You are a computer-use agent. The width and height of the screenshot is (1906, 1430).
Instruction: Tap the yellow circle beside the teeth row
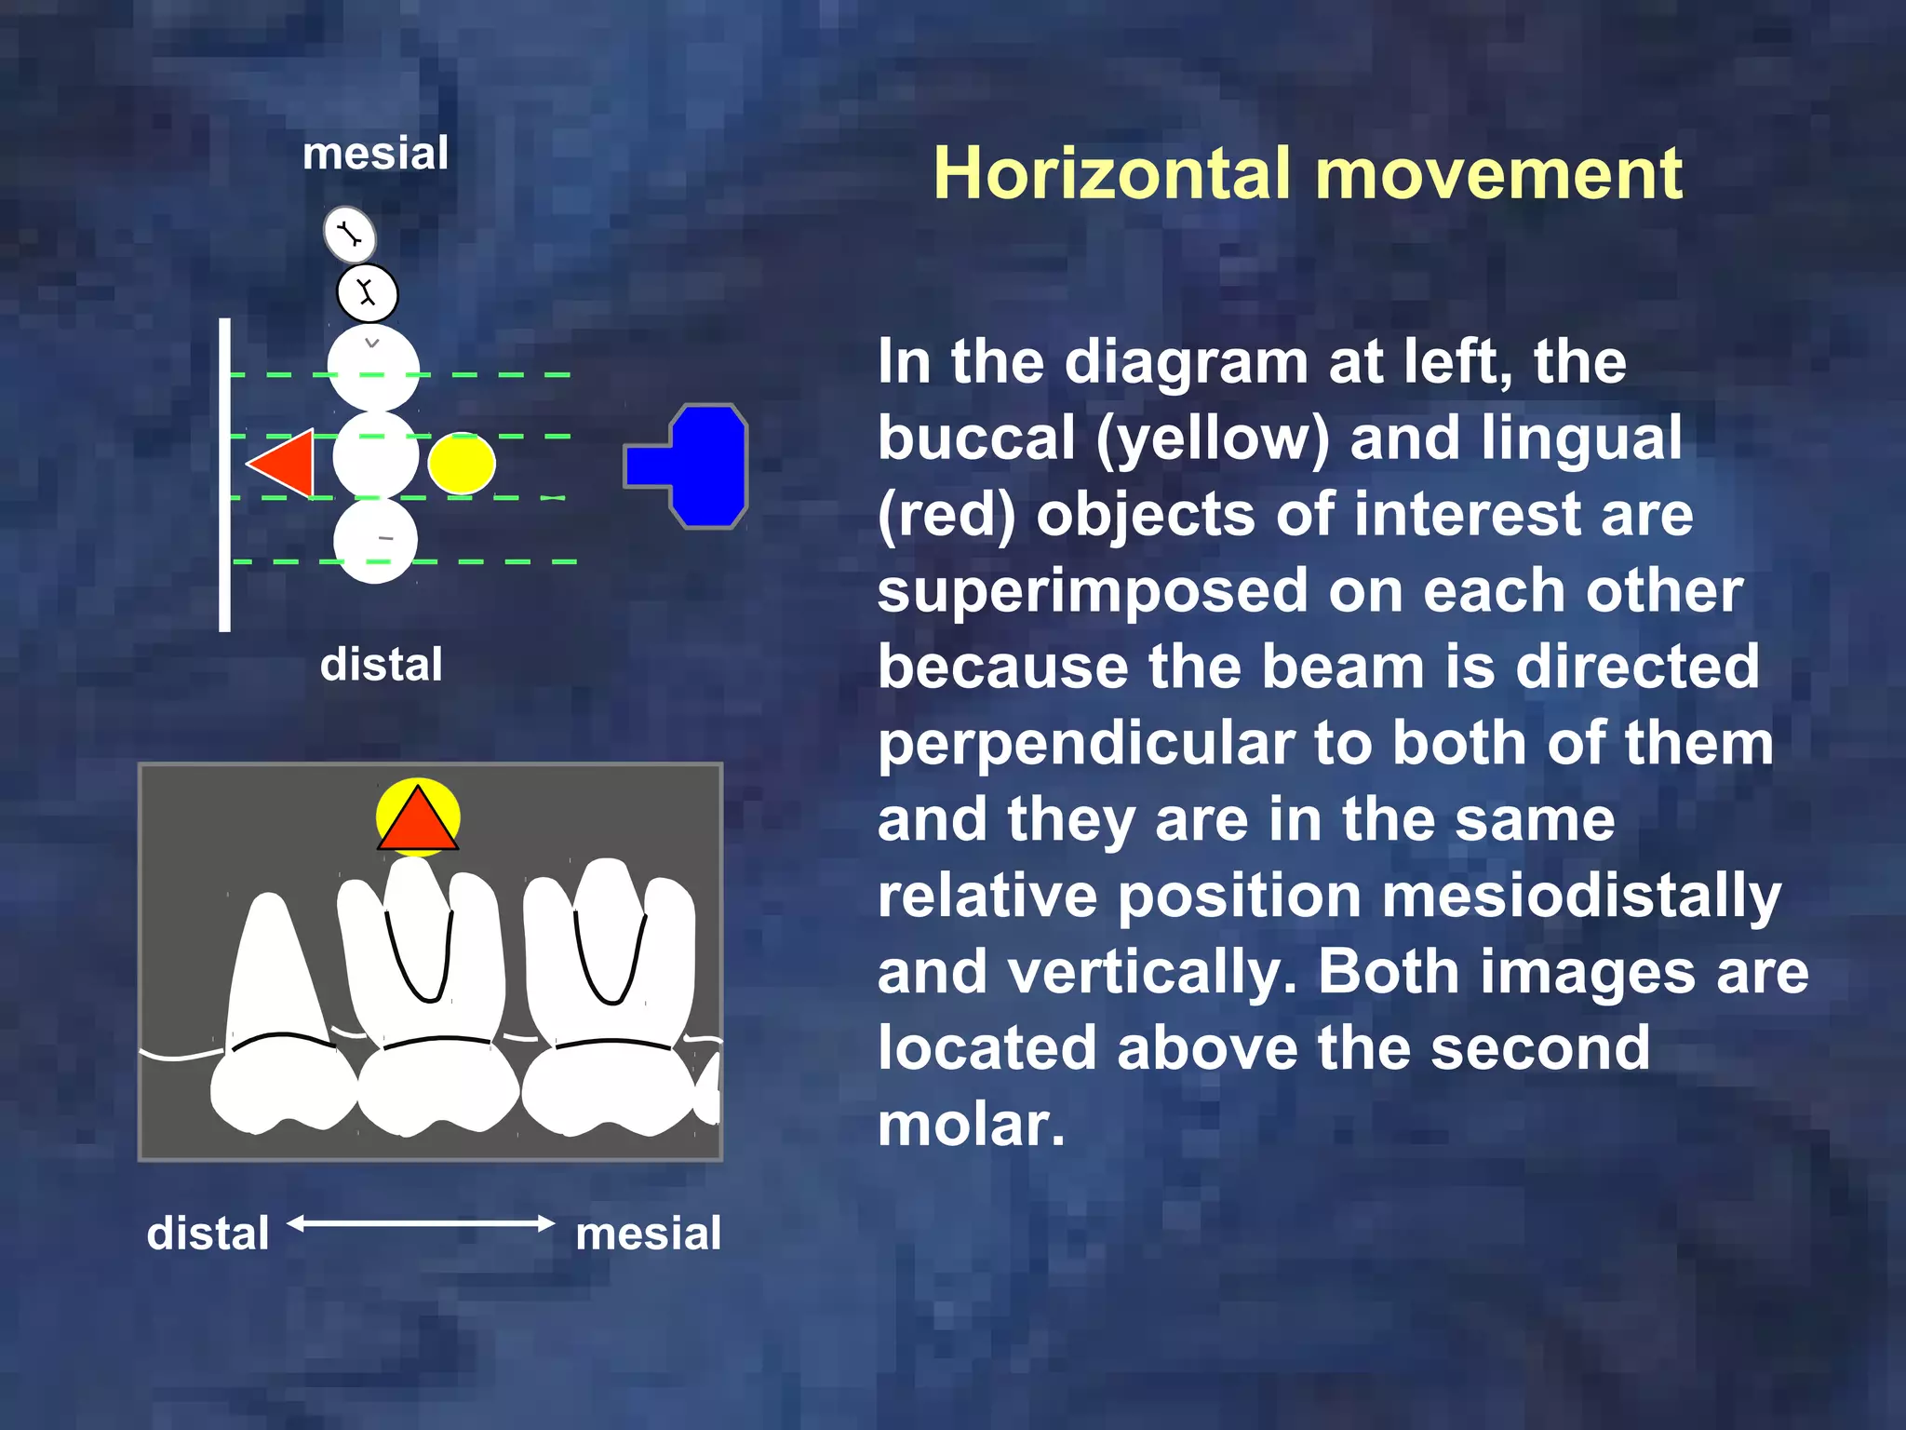461,463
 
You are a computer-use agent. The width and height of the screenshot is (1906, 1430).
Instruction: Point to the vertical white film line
224,475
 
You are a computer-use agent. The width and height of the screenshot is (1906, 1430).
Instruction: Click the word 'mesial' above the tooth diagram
375,154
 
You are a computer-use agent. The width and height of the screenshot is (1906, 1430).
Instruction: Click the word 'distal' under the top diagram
381,665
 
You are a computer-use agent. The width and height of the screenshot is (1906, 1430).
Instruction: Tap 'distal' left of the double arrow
208,1234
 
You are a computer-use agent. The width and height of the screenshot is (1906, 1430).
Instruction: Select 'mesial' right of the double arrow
648,1234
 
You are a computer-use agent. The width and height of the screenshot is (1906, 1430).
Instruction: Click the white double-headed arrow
421,1223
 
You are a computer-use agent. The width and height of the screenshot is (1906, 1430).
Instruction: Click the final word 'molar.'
971,1125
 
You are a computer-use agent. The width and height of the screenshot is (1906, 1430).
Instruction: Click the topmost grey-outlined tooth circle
349,234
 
